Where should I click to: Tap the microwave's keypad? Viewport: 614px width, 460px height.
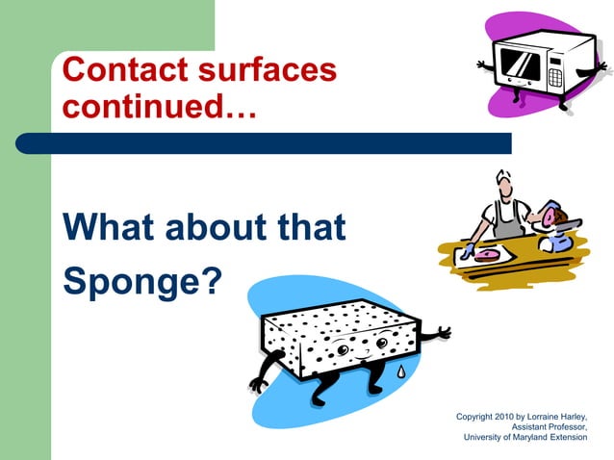tap(554, 71)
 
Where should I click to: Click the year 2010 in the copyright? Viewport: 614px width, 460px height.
tap(513, 416)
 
